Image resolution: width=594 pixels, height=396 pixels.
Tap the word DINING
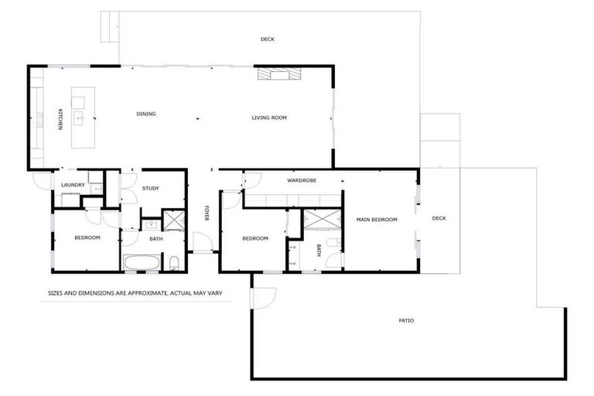click(146, 114)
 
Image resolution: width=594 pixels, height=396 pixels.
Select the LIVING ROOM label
click(269, 118)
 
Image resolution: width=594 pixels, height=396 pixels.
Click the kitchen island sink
click(78, 119)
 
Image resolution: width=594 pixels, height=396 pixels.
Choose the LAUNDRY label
click(73, 184)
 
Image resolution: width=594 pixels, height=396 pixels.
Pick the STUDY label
click(150, 188)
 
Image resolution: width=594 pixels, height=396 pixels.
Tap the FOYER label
click(207, 213)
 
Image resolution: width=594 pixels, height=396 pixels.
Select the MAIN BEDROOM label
click(377, 220)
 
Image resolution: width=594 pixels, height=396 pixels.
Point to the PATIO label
click(406, 319)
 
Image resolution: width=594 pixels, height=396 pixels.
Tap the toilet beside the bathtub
click(175, 261)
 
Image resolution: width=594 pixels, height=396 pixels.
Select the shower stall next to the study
click(172, 221)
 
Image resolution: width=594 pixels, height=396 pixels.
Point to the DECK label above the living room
click(268, 39)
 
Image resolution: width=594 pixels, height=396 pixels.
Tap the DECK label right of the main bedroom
click(439, 218)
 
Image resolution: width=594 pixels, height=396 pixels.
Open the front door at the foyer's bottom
click(201, 250)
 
